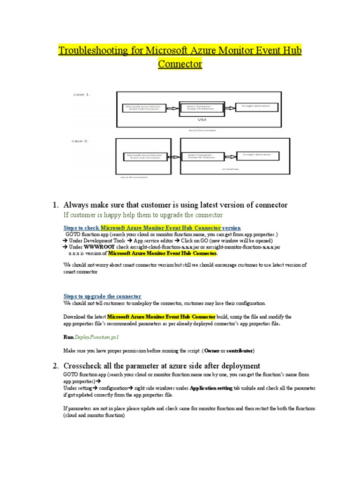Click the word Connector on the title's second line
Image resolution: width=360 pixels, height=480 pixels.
(180, 64)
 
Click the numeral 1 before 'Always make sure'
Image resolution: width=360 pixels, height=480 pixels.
(54, 205)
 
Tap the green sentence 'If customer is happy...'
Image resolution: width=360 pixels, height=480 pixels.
(143, 215)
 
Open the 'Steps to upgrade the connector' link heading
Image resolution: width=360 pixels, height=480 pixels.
(102, 296)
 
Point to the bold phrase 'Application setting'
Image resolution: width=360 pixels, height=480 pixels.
(211, 389)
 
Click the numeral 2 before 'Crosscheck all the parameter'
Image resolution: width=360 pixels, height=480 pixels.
(54, 366)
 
